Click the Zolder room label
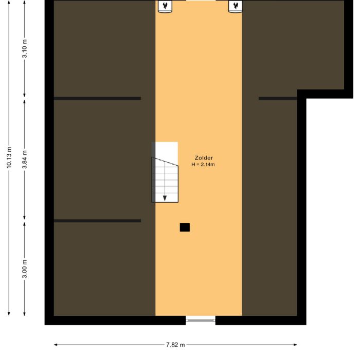click(x=204, y=158)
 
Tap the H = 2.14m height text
click(x=203, y=165)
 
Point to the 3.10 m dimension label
click(x=25, y=49)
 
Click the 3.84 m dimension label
click(x=25, y=160)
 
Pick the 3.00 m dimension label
click(x=25, y=268)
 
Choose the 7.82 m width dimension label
click(x=175, y=345)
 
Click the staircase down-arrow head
click(x=165, y=198)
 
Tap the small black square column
click(x=185, y=227)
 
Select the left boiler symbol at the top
click(x=165, y=6)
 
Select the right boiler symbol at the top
click(x=236, y=6)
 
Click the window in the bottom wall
click(x=201, y=320)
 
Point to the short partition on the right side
click(x=278, y=98)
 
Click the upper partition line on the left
click(x=97, y=98)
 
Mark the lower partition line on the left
click(x=97, y=221)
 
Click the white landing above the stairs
click(x=167, y=150)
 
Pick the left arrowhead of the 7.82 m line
click(x=56, y=345)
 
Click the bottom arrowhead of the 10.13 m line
click(x=9, y=313)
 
